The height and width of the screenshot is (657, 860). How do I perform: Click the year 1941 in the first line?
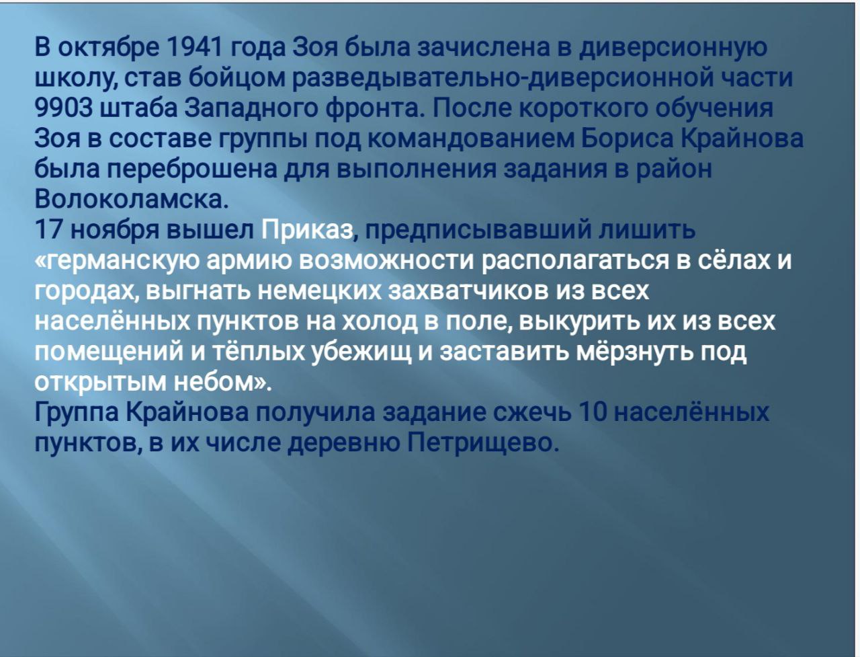coord(194,47)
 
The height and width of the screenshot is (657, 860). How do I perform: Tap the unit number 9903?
coord(64,108)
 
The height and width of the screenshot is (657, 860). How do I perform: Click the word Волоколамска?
coord(131,200)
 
